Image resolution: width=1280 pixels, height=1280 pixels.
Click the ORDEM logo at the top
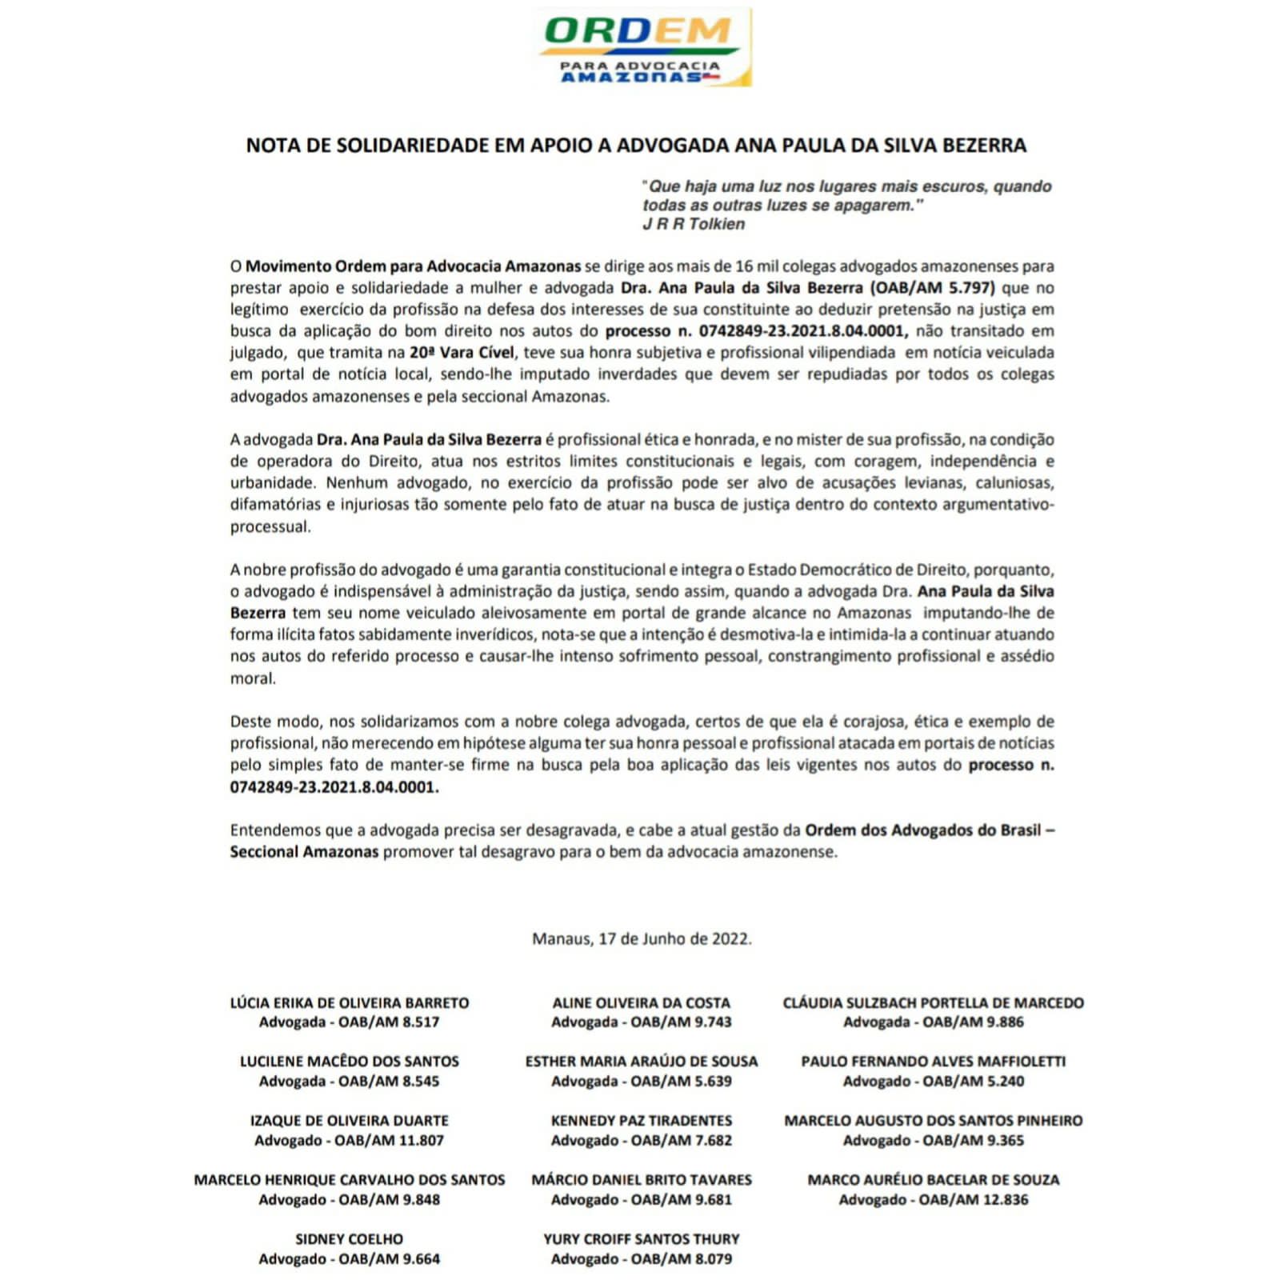tap(643, 46)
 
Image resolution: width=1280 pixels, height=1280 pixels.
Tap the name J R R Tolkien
tap(693, 224)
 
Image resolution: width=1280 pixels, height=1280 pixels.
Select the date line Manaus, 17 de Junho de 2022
tap(642, 938)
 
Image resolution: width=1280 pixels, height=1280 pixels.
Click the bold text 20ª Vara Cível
tap(462, 353)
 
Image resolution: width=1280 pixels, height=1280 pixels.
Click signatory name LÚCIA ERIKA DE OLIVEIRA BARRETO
tap(350, 1002)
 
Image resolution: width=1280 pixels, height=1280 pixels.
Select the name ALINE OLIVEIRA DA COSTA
tap(642, 1002)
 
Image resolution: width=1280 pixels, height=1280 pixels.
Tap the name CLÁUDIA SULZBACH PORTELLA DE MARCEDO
tap(933, 1002)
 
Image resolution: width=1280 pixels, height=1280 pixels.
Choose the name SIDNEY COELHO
tap(350, 1239)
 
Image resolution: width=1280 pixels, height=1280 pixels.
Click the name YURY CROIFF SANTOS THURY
tap(642, 1239)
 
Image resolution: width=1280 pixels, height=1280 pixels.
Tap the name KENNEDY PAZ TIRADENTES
tap(642, 1121)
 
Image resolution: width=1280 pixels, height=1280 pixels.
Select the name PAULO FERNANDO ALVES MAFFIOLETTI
tap(933, 1062)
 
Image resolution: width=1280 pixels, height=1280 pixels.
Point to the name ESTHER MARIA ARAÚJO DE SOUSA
tap(642, 1062)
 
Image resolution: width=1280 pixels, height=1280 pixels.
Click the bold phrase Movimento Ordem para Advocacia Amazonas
tap(413, 266)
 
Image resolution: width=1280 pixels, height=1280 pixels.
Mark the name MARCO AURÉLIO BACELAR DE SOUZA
tap(933, 1180)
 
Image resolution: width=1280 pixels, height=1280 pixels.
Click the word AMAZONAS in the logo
tap(631, 78)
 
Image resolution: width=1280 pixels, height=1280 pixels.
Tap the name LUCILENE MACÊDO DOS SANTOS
tap(350, 1062)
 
